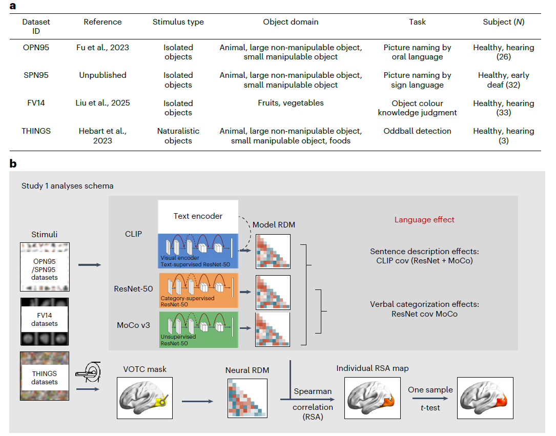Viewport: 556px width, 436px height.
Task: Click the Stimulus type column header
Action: coord(178,22)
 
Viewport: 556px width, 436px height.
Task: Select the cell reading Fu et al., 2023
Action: coord(102,48)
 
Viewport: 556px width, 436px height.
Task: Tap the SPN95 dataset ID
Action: coord(35,75)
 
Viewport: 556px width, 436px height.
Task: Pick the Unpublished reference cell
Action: coord(102,75)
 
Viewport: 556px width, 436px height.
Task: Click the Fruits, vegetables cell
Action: coord(291,103)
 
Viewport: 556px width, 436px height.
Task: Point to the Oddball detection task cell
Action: coord(417,131)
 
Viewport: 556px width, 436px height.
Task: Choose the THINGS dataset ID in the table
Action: coord(35,131)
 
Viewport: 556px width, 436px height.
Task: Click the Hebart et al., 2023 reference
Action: coord(102,136)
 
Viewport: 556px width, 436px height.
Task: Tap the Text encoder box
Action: coord(198,216)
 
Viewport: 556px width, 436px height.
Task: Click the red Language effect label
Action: coord(424,219)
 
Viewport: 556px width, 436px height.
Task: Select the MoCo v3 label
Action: coord(133,324)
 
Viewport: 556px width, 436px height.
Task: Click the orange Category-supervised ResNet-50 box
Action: coord(199,290)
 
